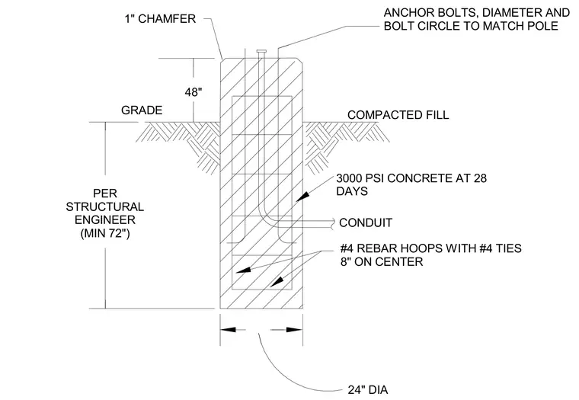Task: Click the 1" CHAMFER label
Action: pos(160,18)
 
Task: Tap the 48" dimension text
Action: pos(194,92)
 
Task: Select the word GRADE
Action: pos(142,110)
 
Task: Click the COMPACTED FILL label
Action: pos(398,115)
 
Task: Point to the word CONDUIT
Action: pos(366,222)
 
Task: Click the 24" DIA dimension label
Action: pos(368,389)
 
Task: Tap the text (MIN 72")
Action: pos(105,233)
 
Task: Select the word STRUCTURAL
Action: pos(105,206)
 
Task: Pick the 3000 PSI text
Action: pos(360,178)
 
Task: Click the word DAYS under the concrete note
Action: pos(352,191)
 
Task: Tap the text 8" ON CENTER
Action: pos(382,262)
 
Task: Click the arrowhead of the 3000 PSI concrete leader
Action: pos(302,197)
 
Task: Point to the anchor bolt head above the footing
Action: pos(261,51)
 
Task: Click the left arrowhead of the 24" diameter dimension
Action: pos(229,329)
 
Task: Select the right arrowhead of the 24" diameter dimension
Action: pos(295,329)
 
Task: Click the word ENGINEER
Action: pos(105,220)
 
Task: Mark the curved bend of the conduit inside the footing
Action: pos(267,216)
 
